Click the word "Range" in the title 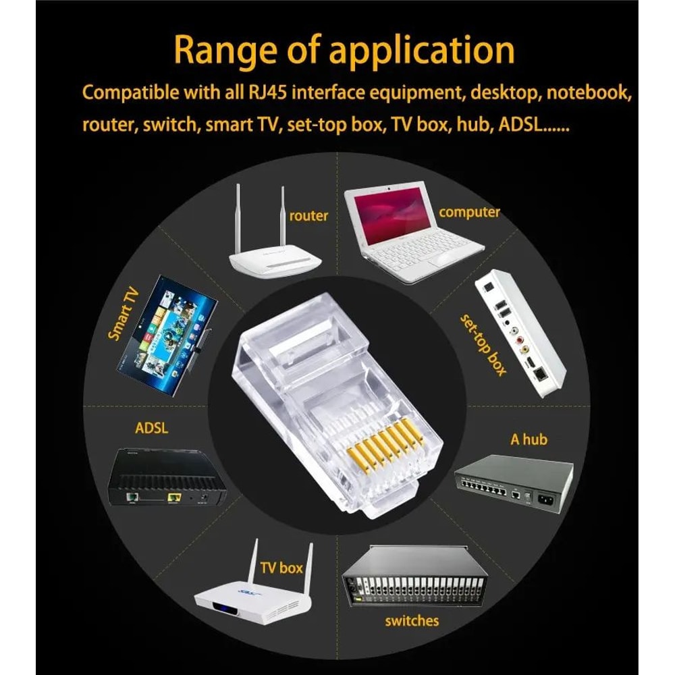tap(225, 51)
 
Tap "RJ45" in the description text tap(267, 92)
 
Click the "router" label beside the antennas tap(308, 216)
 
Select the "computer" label tap(469, 212)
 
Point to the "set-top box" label tap(483, 344)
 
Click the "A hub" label tap(529, 439)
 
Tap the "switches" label tap(412, 621)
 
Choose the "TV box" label tap(281, 568)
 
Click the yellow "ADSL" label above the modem tap(151, 428)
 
